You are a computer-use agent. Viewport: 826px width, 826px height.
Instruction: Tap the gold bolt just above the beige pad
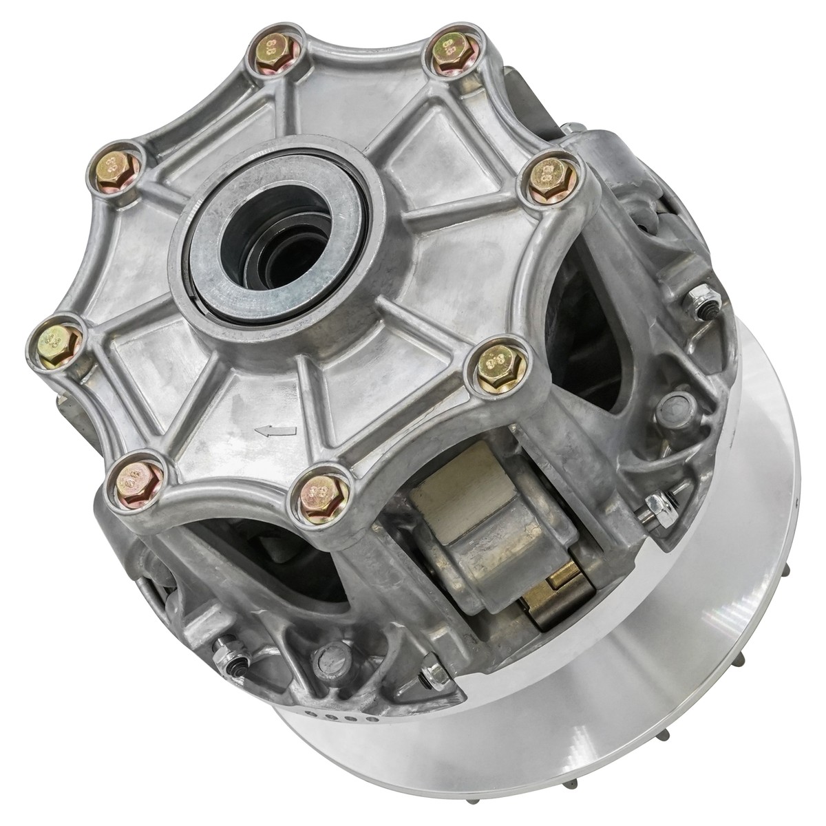pos(317,491)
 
